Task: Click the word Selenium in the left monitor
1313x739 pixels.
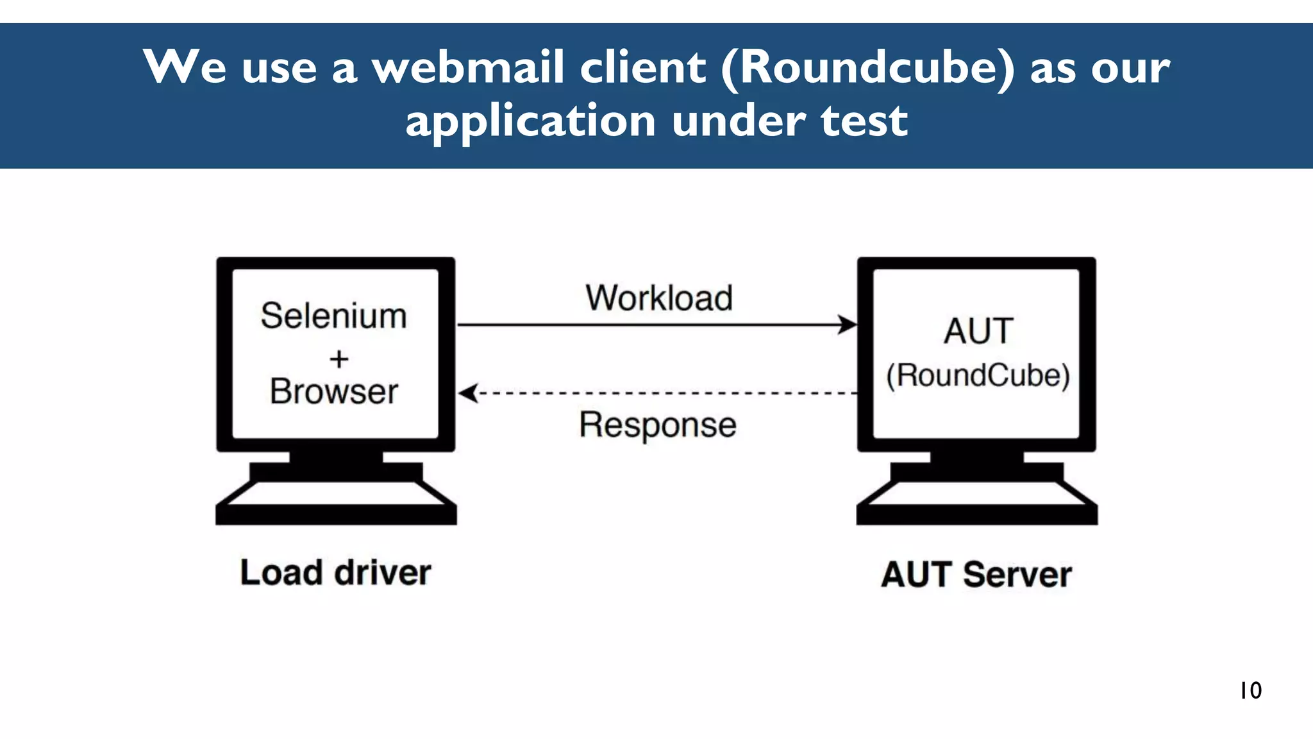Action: (x=333, y=316)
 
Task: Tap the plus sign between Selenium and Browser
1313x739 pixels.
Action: (x=339, y=359)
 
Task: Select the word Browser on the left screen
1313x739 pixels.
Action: (x=334, y=391)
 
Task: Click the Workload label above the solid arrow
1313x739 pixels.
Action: (x=659, y=298)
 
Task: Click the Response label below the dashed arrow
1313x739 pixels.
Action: (x=658, y=425)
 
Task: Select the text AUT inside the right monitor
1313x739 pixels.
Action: (x=978, y=331)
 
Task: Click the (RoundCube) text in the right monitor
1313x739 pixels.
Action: (x=978, y=375)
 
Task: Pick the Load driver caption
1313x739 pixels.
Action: (x=335, y=573)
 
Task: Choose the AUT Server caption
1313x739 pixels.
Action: (x=976, y=574)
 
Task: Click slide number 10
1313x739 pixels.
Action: (x=1250, y=690)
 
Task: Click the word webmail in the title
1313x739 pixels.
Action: (x=468, y=67)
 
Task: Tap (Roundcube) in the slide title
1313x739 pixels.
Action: (x=869, y=67)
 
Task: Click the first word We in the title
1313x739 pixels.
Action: (x=185, y=67)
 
